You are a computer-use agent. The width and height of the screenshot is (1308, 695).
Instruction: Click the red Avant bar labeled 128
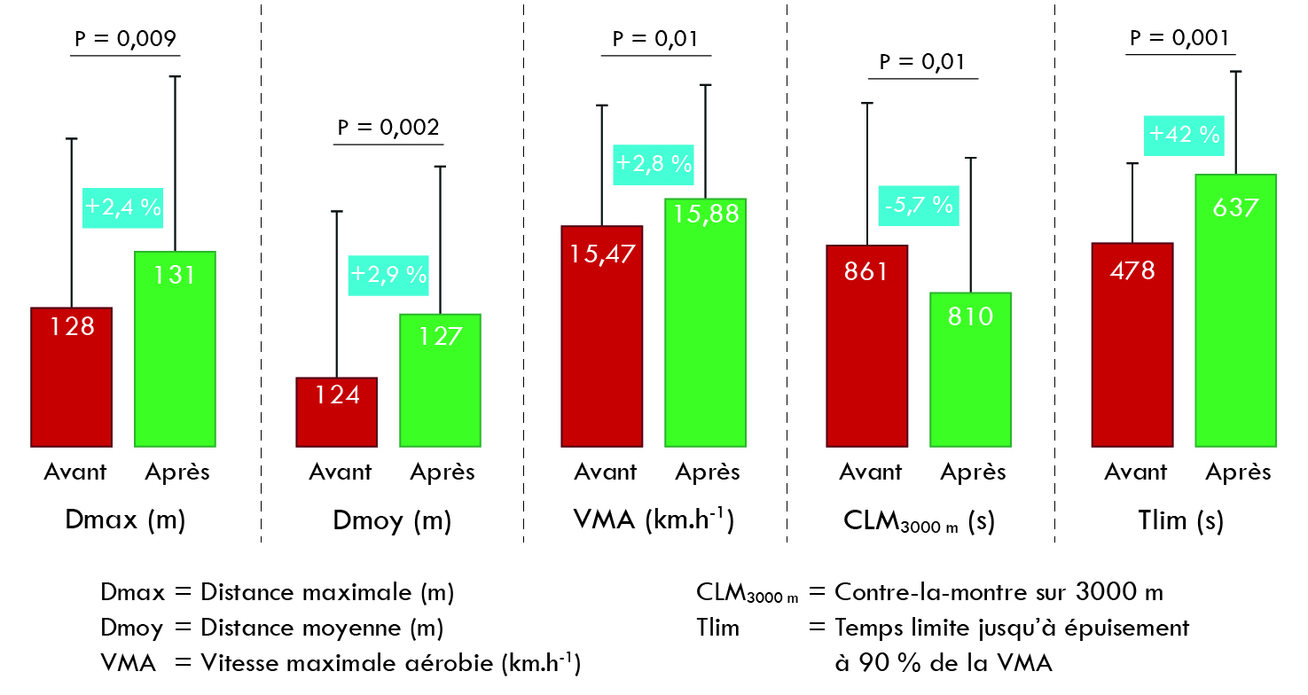71,377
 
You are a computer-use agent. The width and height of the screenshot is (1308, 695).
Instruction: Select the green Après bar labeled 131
175,349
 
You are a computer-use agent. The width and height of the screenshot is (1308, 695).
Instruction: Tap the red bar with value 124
336,412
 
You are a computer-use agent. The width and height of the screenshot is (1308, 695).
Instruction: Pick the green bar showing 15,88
705,323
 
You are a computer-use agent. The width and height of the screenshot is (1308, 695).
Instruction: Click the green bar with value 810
970,370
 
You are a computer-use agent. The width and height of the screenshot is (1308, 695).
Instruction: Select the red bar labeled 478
1132,345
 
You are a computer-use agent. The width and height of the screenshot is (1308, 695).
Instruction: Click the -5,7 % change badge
919,205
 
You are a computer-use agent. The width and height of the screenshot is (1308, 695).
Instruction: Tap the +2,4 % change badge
122,207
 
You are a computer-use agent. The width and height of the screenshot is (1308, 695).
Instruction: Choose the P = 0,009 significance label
123,39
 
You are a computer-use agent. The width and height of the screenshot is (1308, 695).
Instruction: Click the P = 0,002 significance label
388,128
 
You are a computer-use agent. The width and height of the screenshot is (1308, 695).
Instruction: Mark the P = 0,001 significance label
1179,38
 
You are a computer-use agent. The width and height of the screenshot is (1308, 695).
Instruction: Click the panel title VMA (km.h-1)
654,519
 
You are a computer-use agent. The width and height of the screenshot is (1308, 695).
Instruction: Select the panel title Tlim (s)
1180,520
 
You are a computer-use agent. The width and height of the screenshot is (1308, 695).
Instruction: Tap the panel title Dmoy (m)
392,521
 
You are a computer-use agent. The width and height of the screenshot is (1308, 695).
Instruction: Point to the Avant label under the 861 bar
870,472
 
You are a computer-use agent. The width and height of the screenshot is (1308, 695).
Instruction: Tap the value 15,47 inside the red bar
601,254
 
